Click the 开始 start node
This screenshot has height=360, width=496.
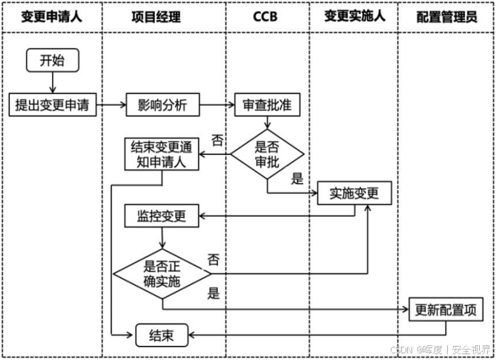(52, 61)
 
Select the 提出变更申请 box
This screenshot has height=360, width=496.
(52, 105)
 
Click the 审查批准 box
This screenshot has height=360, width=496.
(267, 105)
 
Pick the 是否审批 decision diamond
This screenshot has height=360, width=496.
(267, 155)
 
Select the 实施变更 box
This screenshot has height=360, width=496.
(354, 194)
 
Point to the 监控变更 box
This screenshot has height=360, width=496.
(162, 217)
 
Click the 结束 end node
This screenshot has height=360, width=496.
(162, 336)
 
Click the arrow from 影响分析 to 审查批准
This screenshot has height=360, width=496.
(217, 105)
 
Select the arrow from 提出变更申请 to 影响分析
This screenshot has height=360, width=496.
(111, 105)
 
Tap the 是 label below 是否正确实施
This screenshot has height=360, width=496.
(214, 293)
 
